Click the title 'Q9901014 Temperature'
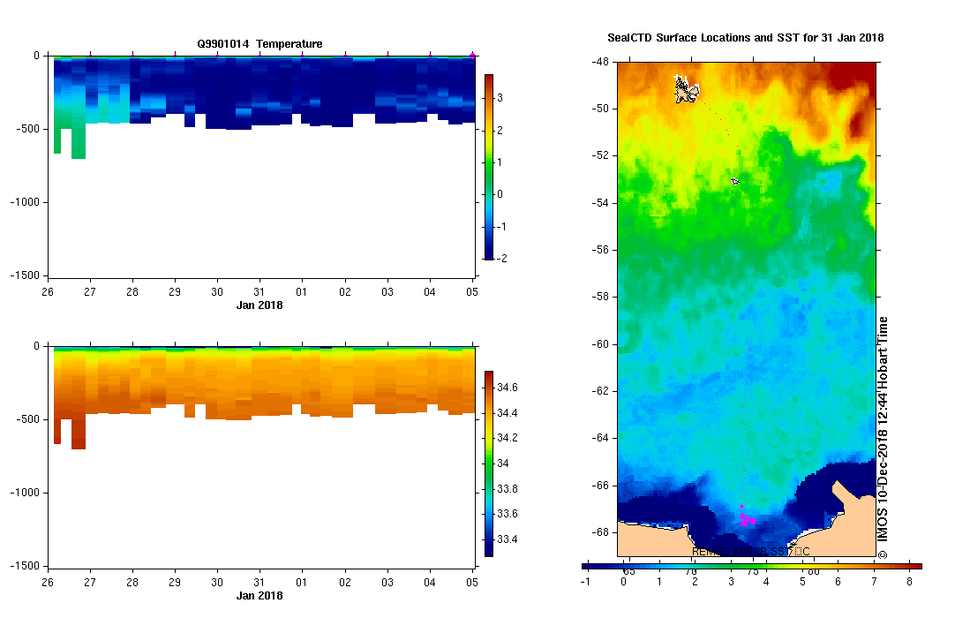click(259, 43)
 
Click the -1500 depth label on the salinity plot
click(26, 565)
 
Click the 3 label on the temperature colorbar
click(500, 97)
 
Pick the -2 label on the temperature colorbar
click(500, 259)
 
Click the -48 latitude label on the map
click(601, 63)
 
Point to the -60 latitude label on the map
click(601, 344)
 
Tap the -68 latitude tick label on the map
click(601, 532)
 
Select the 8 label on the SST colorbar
click(909, 583)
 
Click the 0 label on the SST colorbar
click(623, 583)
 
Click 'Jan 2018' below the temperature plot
click(259, 305)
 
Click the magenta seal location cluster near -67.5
click(747, 519)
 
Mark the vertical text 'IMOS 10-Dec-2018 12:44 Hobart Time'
click(883, 438)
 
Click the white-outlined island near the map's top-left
click(686, 89)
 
